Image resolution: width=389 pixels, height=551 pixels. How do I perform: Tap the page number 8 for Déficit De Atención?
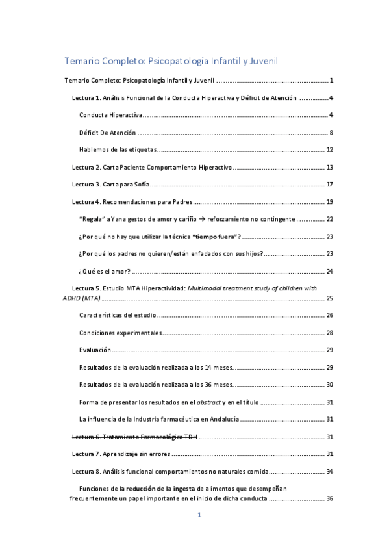click(331, 133)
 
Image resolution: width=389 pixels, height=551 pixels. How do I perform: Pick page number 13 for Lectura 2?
click(329, 167)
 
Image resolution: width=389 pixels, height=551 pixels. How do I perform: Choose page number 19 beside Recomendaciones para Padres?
click(329, 201)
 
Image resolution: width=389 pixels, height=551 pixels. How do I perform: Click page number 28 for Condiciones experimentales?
click(329, 333)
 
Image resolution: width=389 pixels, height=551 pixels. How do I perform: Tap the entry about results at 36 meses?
click(157, 384)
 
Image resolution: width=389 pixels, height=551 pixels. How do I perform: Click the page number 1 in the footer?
click(200, 515)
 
